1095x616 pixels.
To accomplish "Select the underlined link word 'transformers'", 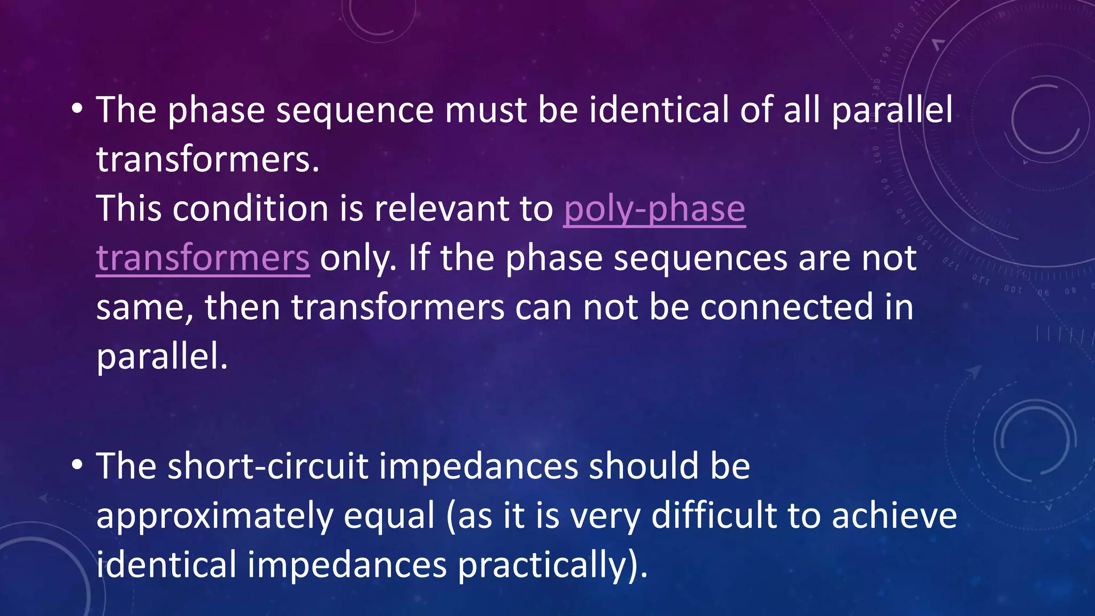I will click(203, 258).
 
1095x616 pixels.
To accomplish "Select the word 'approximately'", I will click(214, 517).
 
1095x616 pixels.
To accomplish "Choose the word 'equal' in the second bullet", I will click(389, 517).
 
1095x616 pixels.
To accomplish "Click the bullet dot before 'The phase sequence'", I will click(78, 109).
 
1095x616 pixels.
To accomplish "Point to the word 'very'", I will click(604, 517).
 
